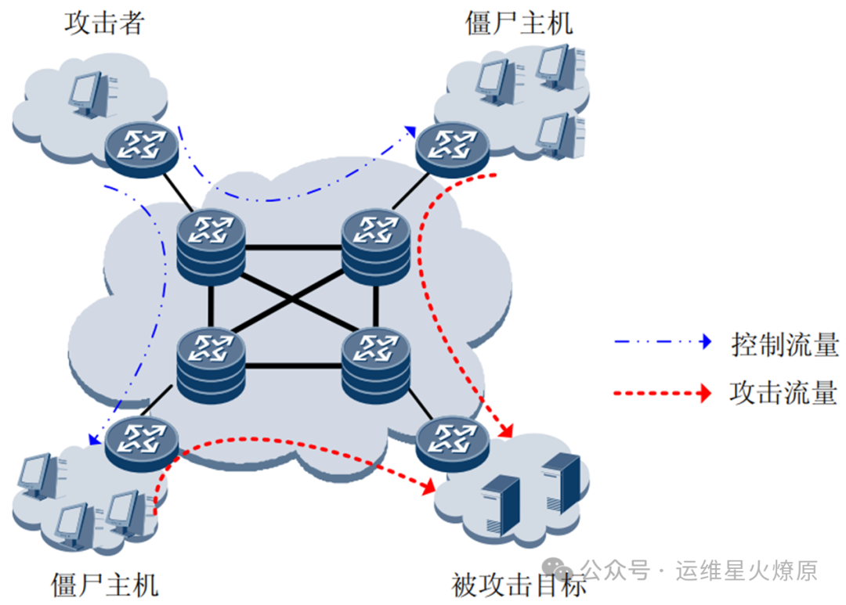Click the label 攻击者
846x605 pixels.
click(x=104, y=23)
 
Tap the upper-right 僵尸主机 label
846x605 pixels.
click(x=519, y=23)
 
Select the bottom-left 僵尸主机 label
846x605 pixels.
click(x=104, y=584)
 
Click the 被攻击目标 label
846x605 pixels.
click(x=519, y=584)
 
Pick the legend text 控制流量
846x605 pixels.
click(x=784, y=344)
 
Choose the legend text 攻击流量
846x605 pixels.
click(x=784, y=392)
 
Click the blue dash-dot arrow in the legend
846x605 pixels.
click(x=663, y=342)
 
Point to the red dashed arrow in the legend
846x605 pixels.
click(x=663, y=392)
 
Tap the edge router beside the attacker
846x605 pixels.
click(x=141, y=146)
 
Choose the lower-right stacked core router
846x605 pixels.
click(x=377, y=361)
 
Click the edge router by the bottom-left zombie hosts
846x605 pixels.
click(x=142, y=442)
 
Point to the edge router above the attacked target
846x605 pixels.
click(x=453, y=442)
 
